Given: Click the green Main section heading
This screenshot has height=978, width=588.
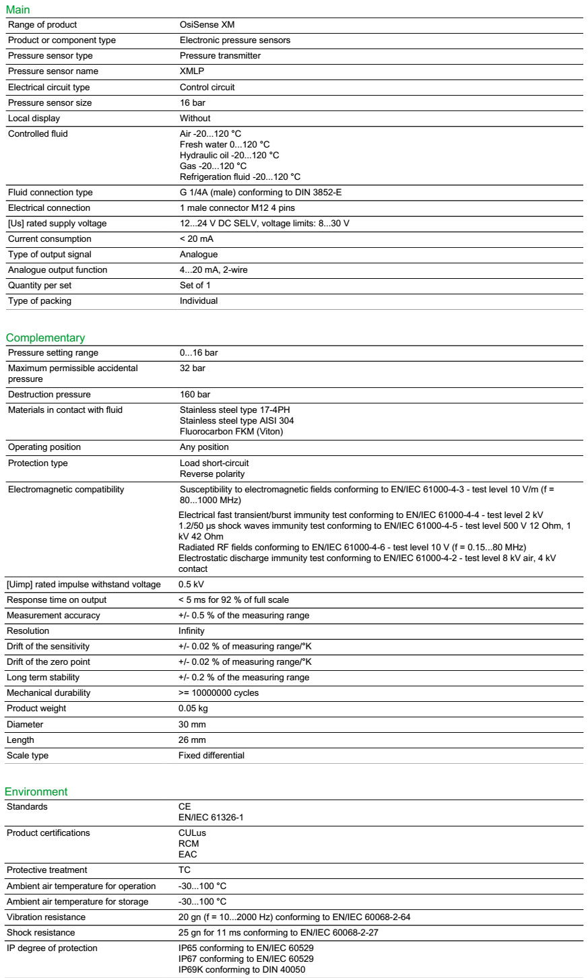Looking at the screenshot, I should click(x=18, y=10).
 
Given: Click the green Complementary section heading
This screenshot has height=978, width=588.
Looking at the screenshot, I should click(x=45, y=337).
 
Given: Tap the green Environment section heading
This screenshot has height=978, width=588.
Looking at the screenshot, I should click(x=36, y=791).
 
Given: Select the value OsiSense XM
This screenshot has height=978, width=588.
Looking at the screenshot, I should click(x=207, y=25).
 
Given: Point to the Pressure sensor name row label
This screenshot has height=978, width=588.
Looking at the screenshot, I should click(x=53, y=71).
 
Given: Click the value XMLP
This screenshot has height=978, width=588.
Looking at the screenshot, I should click(x=192, y=71).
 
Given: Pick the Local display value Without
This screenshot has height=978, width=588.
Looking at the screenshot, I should click(x=195, y=119).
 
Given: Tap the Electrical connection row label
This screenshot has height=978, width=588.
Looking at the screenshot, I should click(x=49, y=208).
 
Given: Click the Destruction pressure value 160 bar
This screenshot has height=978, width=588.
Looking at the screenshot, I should click(x=195, y=395).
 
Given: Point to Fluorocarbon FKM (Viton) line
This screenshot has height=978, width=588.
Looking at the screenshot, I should click(x=231, y=432).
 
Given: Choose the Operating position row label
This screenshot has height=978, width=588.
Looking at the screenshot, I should click(x=44, y=447).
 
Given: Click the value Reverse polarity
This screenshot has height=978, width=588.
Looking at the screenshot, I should click(x=212, y=474).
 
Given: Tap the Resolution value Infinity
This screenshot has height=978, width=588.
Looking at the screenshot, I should click(x=191, y=631).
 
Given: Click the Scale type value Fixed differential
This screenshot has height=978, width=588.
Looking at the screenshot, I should click(x=211, y=756).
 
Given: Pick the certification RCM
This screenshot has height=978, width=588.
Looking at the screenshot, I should click(x=189, y=844).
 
